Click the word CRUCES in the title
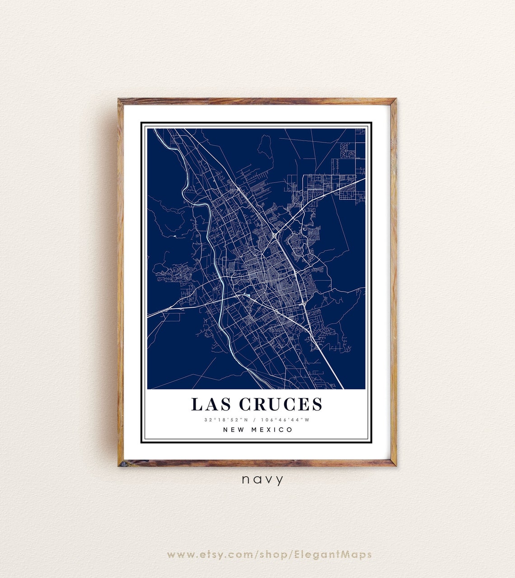pos(281,404)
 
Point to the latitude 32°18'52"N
pos(223,420)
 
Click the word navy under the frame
pos(262,479)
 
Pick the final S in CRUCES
pos(317,404)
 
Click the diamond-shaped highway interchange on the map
pos(274,235)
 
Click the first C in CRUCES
pos(246,404)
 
